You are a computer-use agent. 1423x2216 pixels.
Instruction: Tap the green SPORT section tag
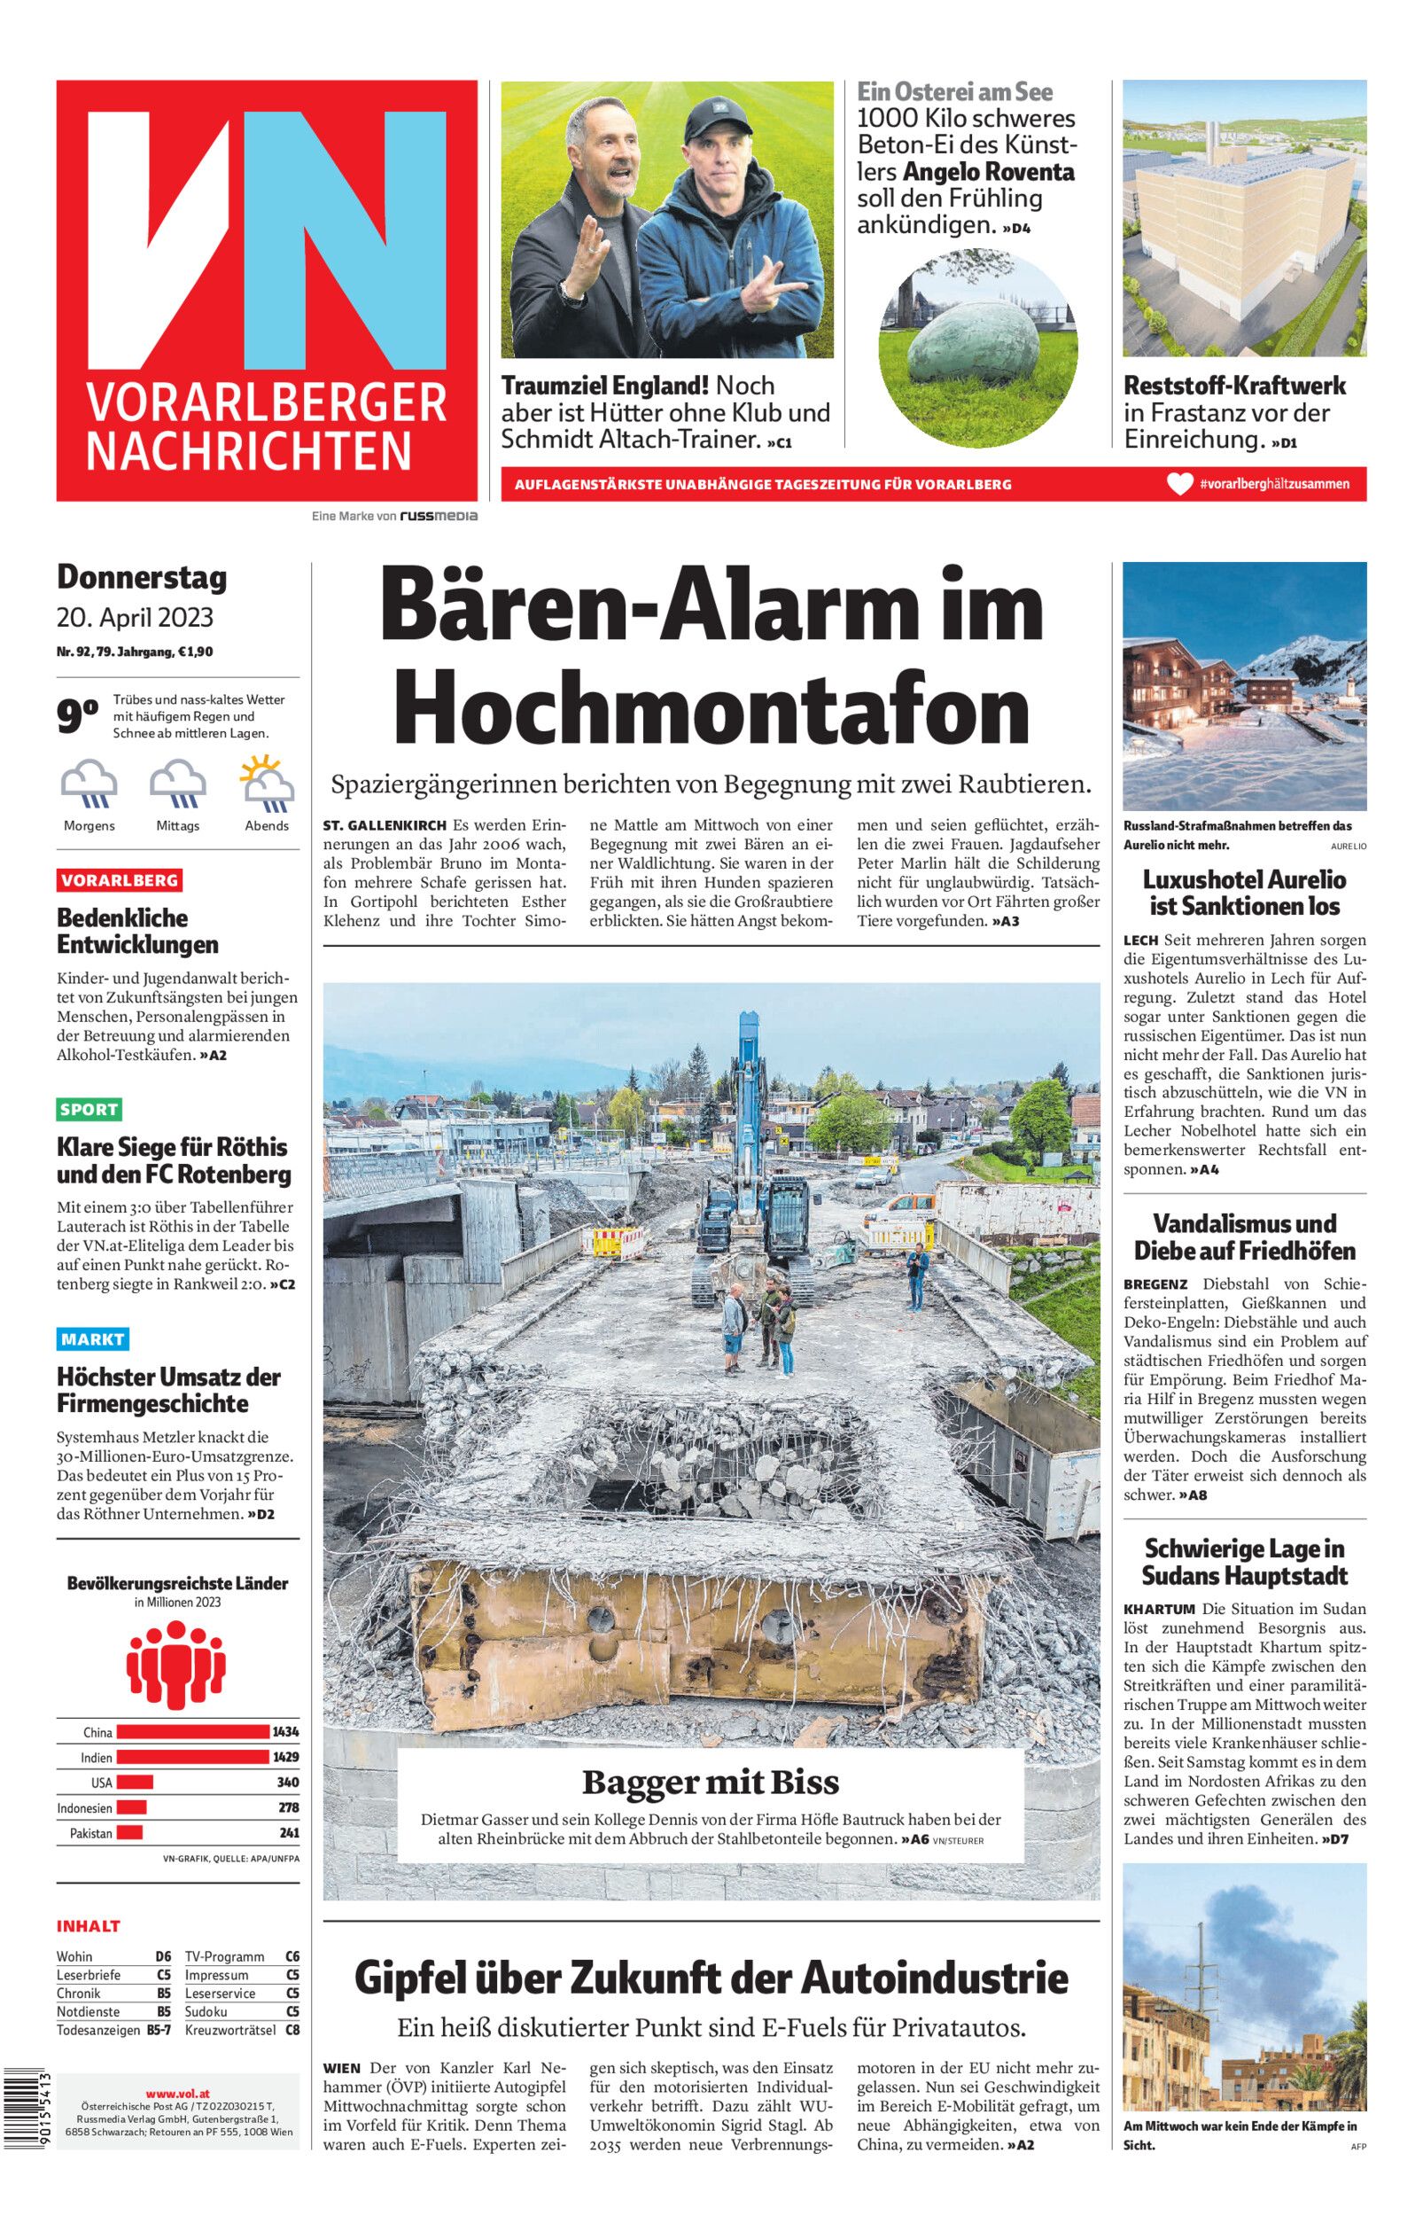tap(89, 1109)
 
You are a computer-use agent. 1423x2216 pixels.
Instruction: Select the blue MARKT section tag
tap(92, 1338)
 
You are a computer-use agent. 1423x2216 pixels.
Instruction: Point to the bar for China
tap(192, 1732)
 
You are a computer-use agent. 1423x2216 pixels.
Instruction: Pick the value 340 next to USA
tap(287, 1782)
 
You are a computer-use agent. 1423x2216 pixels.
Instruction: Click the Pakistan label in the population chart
tap(90, 1832)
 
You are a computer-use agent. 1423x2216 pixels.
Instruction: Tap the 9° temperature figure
tap(78, 716)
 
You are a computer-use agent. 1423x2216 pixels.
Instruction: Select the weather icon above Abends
tap(267, 781)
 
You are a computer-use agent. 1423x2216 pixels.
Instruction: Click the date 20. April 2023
tap(135, 616)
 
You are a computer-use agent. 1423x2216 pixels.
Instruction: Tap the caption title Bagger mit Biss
tap(710, 1782)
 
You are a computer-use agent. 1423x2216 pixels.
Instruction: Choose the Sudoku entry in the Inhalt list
tap(206, 2011)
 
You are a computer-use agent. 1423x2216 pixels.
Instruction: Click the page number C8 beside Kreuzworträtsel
tap(292, 2029)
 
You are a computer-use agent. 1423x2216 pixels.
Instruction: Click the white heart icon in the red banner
tap(1179, 483)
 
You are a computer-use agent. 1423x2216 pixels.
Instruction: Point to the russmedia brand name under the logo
tap(438, 516)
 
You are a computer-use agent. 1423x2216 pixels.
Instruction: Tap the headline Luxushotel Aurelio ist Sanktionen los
tap(1244, 892)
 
